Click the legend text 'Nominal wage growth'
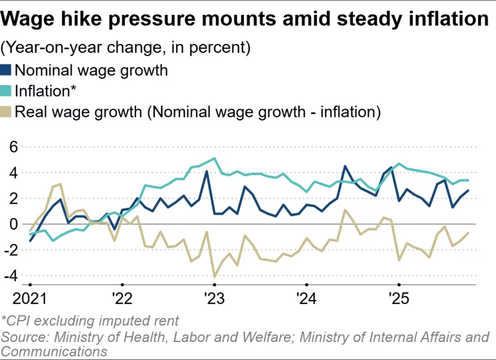pos(91,70)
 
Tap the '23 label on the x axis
pos(213,299)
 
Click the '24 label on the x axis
pos(306,299)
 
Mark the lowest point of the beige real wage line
pos(214,277)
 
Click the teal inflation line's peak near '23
pos(214,158)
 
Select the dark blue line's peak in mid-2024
pos(345,166)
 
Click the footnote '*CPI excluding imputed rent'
pos(90,321)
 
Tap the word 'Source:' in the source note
pos(25,337)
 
